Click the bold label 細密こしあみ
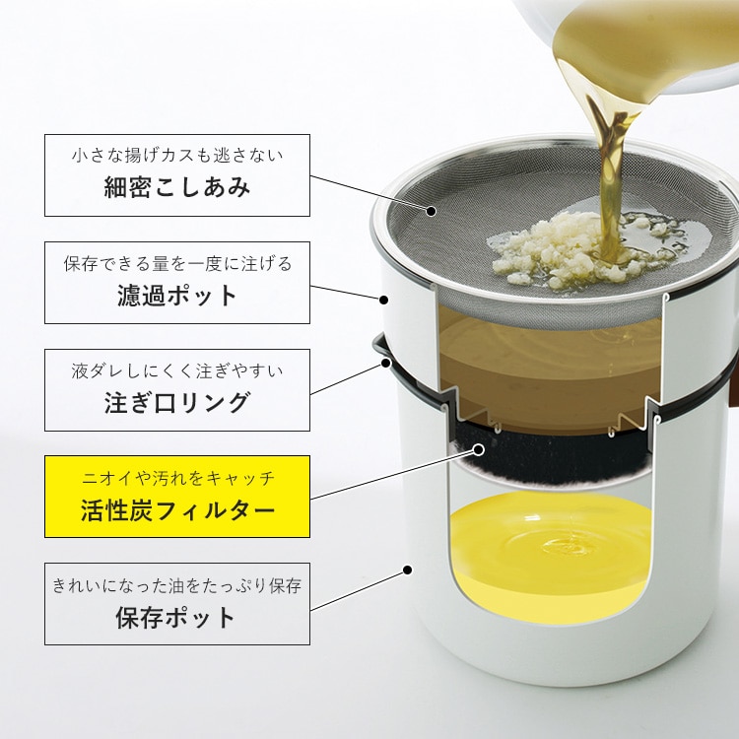pyautogui.click(x=177, y=187)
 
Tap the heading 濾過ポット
pyautogui.click(x=177, y=296)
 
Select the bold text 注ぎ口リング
pyautogui.click(x=177, y=402)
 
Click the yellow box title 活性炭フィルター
pyautogui.click(x=177, y=510)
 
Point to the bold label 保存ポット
pyautogui.click(x=175, y=618)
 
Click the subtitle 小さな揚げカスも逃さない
pyautogui.click(x=177, y=155)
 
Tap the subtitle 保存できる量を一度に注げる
pyautogui.click(x=177, y=263)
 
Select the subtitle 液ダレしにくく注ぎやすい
pyautogui.click(x=177, y=370)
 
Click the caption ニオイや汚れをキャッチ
pyautogui.click(x=177, y=478)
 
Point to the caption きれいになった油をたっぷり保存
pyautogui.click(x=177, y=585)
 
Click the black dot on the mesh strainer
pyautogui.click(x=431, y=211)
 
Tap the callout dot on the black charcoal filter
pyautogui.click(x=478, y=449)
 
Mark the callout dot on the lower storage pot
pyautogui.click(x=408, y=571)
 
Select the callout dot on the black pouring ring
pyautogui.click(x=386, y=363)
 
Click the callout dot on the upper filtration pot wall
pyautogui.click(x=384, y=300)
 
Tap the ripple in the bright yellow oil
pyautogui.click(x=564, y=547)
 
